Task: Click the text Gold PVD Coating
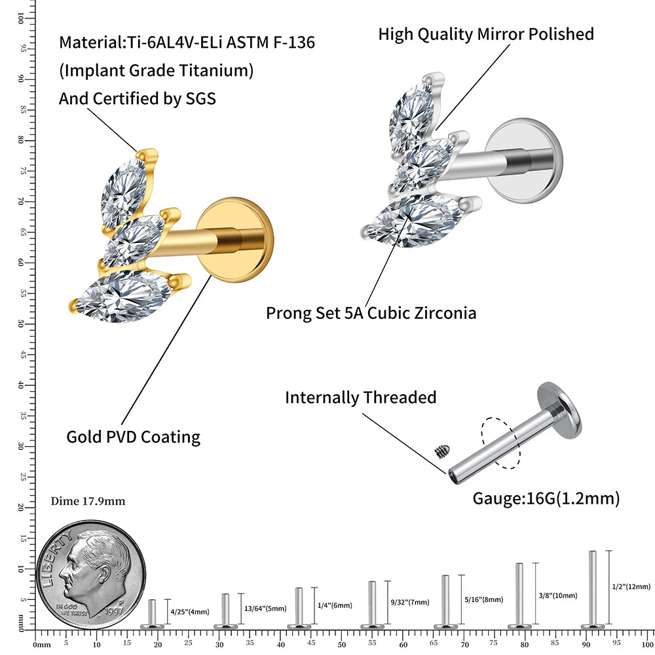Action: tap(134, 437)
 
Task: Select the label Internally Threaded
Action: tap(360, 398)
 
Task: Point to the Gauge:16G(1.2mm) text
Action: tap(546, 498)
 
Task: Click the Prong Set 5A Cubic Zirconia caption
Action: tap(371, 312)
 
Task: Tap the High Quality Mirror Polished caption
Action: tap(486, 34)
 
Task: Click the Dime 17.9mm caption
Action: tap(88, 502)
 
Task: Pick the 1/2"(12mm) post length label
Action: tap(631, 587)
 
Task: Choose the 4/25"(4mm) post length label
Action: tap(190, 612)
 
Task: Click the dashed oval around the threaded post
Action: tap(500, 443)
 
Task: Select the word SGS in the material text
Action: tap(199, 98)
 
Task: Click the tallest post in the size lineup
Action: tap(593, 589)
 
